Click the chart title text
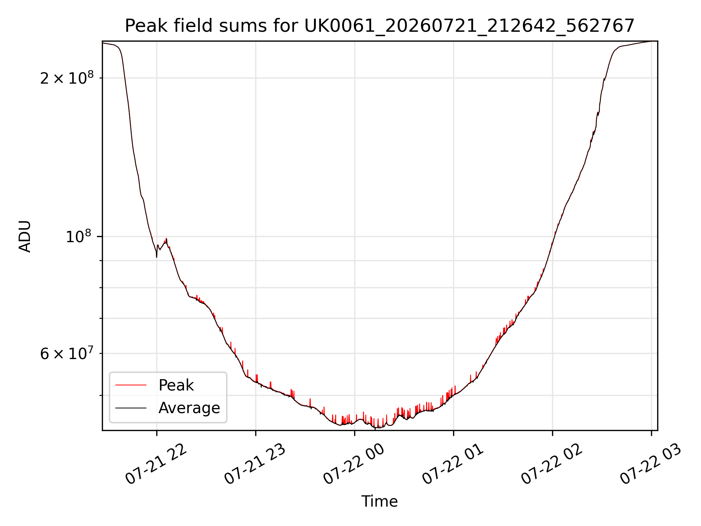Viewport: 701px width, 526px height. (x=380, y=26)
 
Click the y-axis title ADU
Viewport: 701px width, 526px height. (x=25, y=236)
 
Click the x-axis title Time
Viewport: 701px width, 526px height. (x=379, y=501)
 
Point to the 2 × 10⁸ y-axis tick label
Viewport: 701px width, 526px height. (x=67, y=77)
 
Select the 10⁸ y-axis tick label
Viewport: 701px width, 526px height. (x=80, y=236)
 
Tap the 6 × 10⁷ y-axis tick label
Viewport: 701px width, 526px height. (x=67, y=353)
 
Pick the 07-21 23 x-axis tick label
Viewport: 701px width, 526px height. (x=255, y=464)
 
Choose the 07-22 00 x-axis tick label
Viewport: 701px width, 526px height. (x=354, y=464)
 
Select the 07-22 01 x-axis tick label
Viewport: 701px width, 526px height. (x=453, y=464)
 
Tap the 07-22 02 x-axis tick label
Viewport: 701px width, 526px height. (x=552, y=464)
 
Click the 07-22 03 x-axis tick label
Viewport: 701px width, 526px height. (x=651, y=464)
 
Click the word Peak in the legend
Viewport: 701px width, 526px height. (x=176, y=385)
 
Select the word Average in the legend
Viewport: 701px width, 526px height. (x=189, y=408)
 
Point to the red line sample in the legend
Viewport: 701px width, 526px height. (x=131, y=385)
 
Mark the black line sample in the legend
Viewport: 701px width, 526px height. (x=131, y=408)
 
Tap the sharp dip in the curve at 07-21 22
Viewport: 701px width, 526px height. (x=157, y=257)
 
